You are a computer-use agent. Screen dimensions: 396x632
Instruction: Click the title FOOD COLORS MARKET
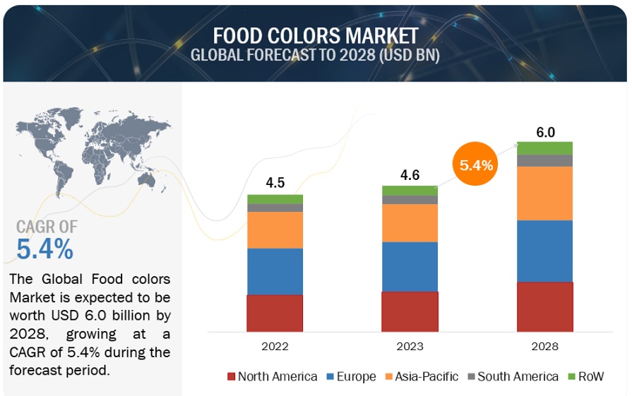(x=315, y=35)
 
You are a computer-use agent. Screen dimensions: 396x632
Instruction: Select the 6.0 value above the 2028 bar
(x=545, y=132)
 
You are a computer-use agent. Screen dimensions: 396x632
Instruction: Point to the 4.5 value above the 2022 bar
(x=275, y=183)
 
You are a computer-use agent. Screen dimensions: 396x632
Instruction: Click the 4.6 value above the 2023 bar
(x=410, y=174)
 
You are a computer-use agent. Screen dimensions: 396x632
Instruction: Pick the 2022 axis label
(x=275, y=347)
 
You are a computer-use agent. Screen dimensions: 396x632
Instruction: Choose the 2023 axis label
(x=410, y=347)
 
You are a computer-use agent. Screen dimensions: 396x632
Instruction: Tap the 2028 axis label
(x=545, y=347)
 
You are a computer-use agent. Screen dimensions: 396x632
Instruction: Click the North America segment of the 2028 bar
(x=545, y=306)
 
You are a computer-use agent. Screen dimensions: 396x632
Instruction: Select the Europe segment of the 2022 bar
(x=275, y=271)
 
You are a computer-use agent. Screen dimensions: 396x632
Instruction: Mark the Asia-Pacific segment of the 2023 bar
(x=410, y=223)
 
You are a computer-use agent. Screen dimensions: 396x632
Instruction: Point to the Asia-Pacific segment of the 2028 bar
(x=545, y=193)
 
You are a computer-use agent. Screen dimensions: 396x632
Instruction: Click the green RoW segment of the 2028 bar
(x=545, y=148)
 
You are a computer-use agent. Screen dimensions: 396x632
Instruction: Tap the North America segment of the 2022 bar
(x=275, y=313)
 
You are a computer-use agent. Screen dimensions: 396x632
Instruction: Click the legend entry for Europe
(x=350, y=376)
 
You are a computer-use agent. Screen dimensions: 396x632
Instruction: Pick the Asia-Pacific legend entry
(x=421, y=376)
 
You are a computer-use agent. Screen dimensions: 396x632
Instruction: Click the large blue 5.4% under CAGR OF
(x=44, y=248)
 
